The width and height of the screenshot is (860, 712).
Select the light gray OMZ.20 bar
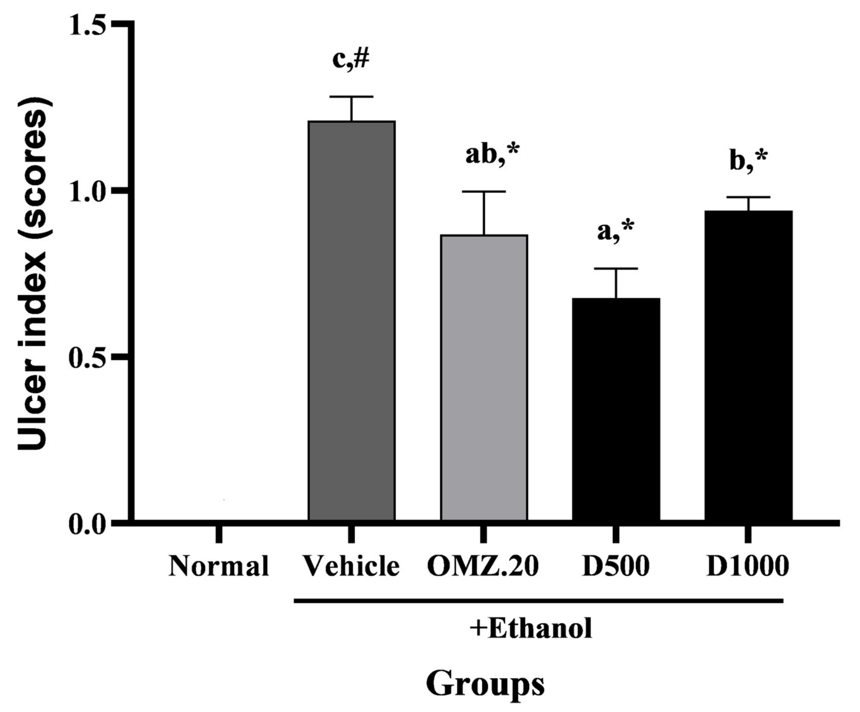coord(484,378)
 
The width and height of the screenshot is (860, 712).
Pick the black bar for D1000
coord(748,365)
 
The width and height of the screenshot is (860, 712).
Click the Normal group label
coord(219,566)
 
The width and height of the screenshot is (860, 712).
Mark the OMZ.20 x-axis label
coord(483,566)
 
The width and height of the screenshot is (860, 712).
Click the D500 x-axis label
coord(616,566)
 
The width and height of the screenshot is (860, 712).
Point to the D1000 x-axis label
coord(747,566)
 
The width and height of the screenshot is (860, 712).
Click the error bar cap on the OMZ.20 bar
coord(484,192)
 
